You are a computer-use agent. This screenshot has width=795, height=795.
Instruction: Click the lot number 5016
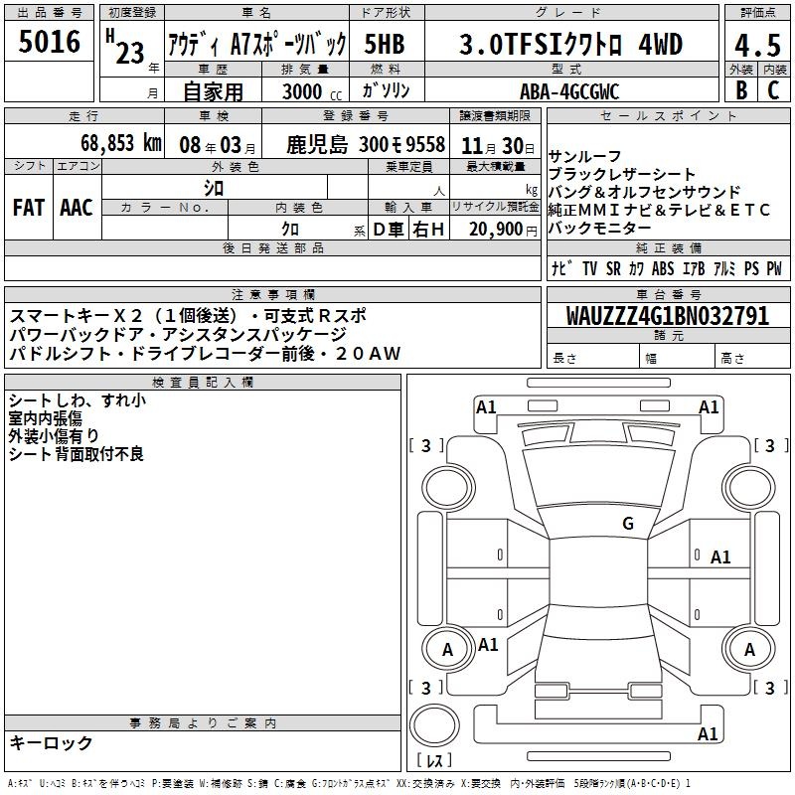pyautogui.click(x=49, y=42)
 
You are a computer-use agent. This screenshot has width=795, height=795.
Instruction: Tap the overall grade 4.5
pyautogui.click(x=757, y=45)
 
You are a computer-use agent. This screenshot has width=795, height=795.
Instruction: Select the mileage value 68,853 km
pyautogui.click(x=121, y=143)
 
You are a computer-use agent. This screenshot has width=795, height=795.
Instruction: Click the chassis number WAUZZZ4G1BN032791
pyautogui.click(x=668, y=316)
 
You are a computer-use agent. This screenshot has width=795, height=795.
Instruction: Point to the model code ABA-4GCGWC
pyautogui.click(x=569, y=91)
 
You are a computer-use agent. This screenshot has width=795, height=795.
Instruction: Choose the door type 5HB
pyautogui.click(x=385, y=44)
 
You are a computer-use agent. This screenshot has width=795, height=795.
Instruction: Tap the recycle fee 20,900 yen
pyautogui.click(x=503, y=230)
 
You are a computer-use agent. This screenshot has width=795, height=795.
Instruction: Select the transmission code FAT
pyautogui.click(x=29, y=208)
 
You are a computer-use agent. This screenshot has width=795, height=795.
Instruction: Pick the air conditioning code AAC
pyautogui.click(x=77, y=208)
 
